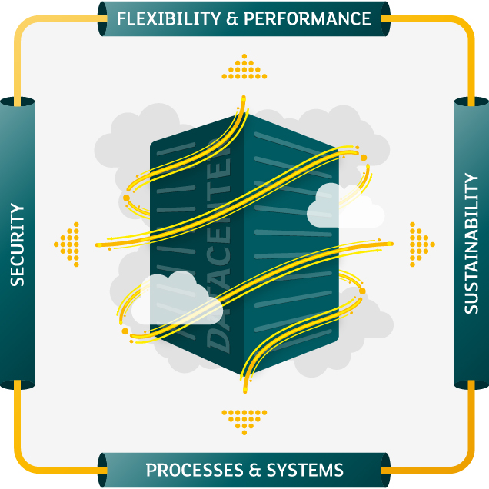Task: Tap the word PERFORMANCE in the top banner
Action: coord(307,18)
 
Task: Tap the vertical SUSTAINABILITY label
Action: coord(471,244)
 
